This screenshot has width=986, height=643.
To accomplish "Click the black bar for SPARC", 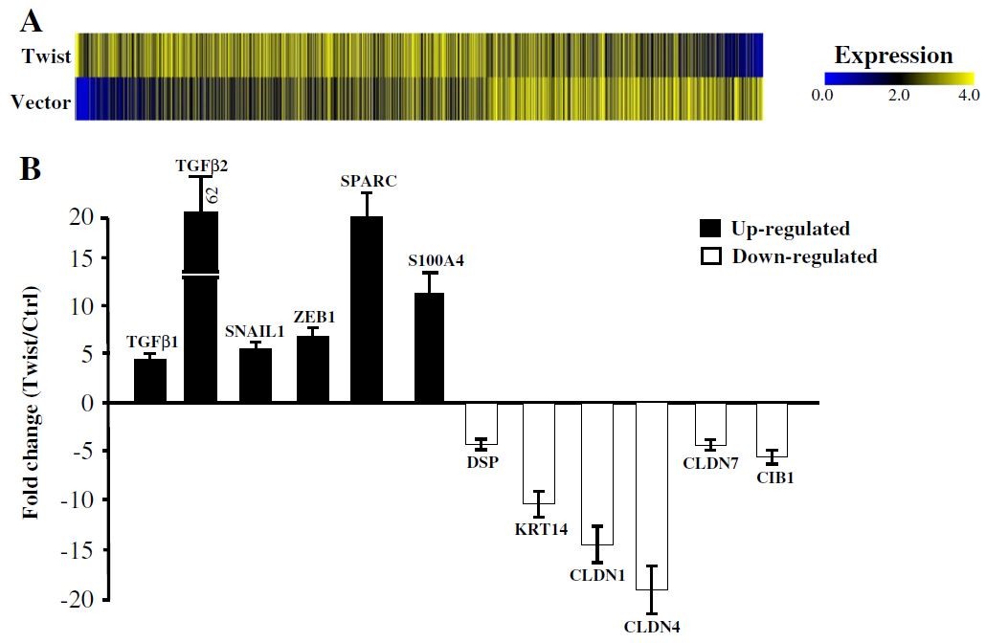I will pyautogui.click(x=367, y=309).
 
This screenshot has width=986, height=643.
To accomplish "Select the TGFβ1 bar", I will pyautogui.click(x=150, y=380).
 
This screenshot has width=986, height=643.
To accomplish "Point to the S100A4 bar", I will pyautogui.click(x=429, y=347).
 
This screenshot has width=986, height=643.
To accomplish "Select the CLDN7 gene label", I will pyautogui.click(x=710, y=463).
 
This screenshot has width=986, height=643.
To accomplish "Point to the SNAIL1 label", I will pyautogui.click(x=254, y=331).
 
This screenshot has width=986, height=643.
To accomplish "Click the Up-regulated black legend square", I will pyautogui.click(x=711, y=229).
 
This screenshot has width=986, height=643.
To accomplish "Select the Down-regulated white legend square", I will pyautogui.click(x=711, y=256).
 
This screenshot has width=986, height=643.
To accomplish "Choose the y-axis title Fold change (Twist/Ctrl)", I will pyautogui.click(x=31, y=401).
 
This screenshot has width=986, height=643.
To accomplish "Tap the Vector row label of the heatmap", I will pyautogui.click(x=46, y=101).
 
